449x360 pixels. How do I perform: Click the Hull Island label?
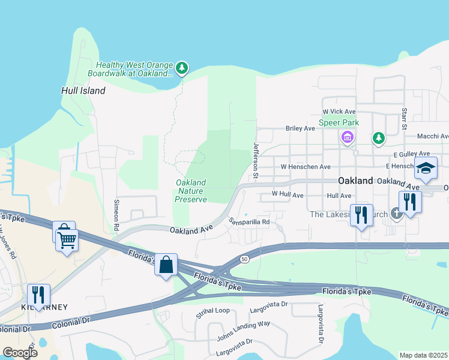point(83,91)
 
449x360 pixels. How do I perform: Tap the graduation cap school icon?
point(426,169)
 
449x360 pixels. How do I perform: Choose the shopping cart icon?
point(67,240)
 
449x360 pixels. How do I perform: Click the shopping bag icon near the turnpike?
point(166,263)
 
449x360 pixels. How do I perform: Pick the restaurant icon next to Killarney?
point(38,295)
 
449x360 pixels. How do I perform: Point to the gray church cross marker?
point(396,213)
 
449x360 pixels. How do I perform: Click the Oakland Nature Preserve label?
point(191,191)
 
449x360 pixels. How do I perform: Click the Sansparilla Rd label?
point(249,222)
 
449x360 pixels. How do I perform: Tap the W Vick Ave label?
point(339,112)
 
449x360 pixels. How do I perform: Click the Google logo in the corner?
point(20,352)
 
